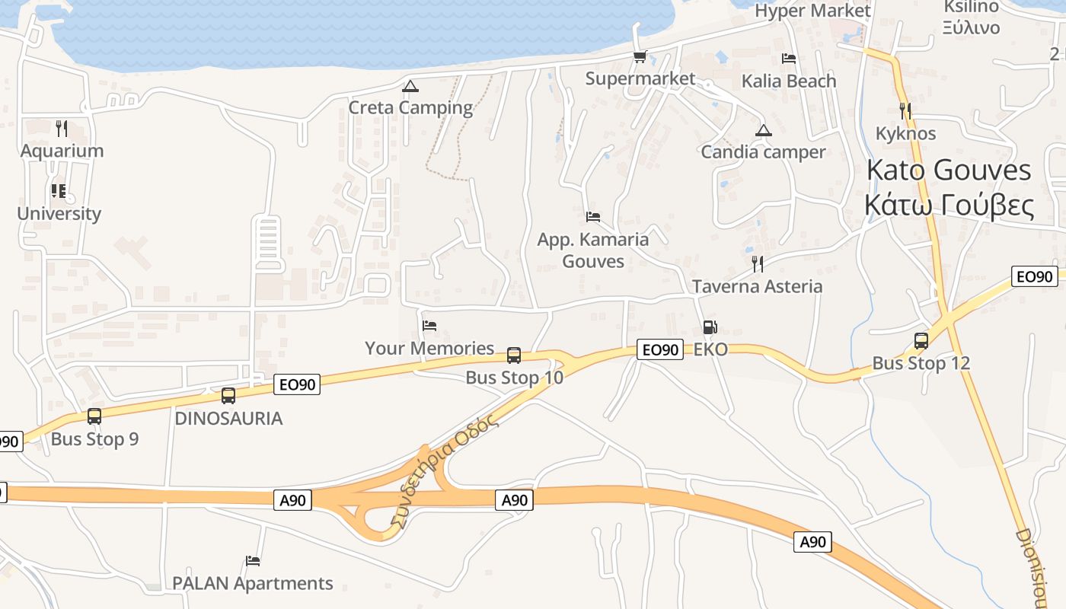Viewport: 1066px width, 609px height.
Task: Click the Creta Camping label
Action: pyautogui.click(x=410, y=107)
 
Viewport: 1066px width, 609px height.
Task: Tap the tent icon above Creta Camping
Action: pyautogui.click(x=410, y=86)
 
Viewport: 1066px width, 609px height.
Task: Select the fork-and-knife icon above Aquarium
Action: pyautogui.click(x=62, y=128)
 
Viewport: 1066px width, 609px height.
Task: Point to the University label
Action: pyautogui.click(x=59, y=213)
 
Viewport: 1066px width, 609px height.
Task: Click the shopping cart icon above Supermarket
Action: pyautogui.click(x=640, y=57)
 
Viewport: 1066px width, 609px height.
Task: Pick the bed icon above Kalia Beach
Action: pyautogui.click(x=789, y=59)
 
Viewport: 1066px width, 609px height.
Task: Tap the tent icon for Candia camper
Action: pyautogui.click(x=763, y=131)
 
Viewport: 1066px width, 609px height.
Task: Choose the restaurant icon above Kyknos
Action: pyautogui.click(x=905, y=111)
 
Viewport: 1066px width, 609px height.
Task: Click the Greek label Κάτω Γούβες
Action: pyautogui.click(x=949, y=206)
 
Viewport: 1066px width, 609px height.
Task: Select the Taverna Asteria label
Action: pyautogui.click(x=757, y=286)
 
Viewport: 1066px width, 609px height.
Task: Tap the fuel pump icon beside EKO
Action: pyautogui.click(x=710, y=328)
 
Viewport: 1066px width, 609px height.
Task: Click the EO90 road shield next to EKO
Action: pyautogui.click(x=659, y=349)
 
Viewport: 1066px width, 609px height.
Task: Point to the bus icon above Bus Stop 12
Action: pyautogui.click(x=921, y=341)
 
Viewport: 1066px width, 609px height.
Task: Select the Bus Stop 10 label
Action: pyautogui.click(x=514, y=377)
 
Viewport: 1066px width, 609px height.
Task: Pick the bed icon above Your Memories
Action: pyautogui.click(x=429, y=326)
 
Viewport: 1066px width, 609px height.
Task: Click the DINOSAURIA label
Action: pyautogui.click(x=228, y=418)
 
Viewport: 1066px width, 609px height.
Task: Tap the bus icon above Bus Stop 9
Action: pyautogui.click(x=94, y=416)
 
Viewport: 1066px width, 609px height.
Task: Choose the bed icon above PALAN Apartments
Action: pyautogui.click(x=253, y=561)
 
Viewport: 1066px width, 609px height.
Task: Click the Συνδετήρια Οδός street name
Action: pyautogui.click(x=443, y=472)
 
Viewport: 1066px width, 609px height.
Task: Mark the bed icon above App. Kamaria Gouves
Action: pyautogui.click(x=593, y=217)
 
